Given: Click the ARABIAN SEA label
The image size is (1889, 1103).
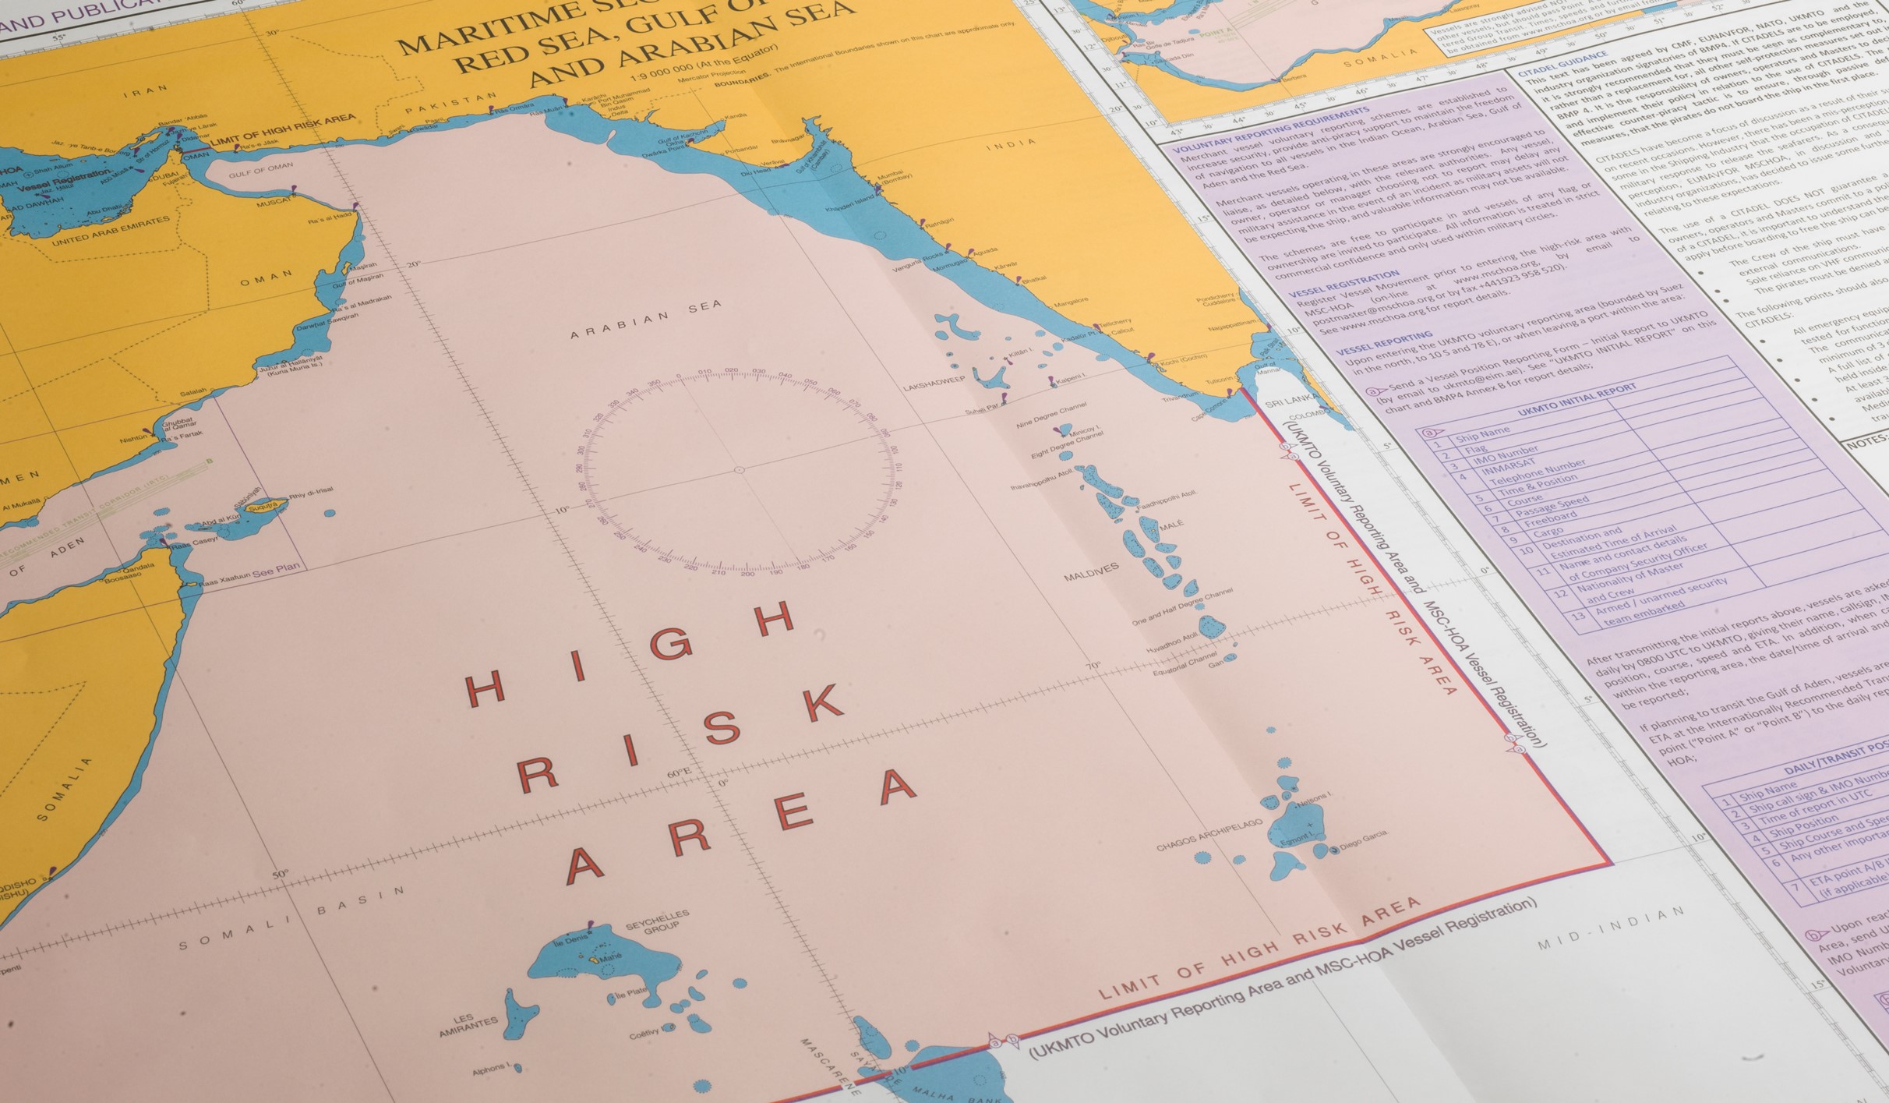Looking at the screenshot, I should coord(646,320).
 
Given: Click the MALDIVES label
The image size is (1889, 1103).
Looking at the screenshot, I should coord(1091,572).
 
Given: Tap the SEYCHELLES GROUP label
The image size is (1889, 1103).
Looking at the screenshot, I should coord(658,920).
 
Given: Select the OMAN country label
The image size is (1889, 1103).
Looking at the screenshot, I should coord(267,278).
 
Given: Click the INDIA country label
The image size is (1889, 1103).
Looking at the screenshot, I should coord(1011,144).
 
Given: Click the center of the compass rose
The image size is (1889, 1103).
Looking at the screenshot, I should coord(740,470).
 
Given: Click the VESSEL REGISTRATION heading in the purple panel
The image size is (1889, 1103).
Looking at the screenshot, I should coord(1354,284).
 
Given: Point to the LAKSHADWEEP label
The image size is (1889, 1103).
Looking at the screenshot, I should coord(934,384).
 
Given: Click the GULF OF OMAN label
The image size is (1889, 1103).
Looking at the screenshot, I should coord(261,170).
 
